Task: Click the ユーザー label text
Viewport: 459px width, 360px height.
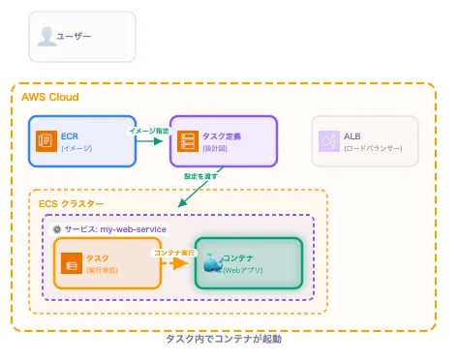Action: tap(75, 36)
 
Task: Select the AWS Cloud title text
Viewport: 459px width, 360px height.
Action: tap(50, 98)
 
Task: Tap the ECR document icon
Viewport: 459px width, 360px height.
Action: tap(45, 141)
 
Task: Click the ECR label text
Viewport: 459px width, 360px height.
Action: tap(70, 136)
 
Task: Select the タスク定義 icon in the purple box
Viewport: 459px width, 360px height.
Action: tap(187, 141)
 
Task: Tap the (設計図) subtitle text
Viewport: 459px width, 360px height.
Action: tap(216, 148)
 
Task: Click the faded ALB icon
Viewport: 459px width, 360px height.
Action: tap(327, 141)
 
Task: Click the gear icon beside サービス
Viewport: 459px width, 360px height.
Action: tap(56, 228)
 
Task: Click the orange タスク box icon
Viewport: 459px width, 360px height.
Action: tap(70, 263)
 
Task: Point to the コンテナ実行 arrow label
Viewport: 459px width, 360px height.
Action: tap(175, 252)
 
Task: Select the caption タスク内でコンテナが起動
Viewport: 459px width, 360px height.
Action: tap(224, 340)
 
